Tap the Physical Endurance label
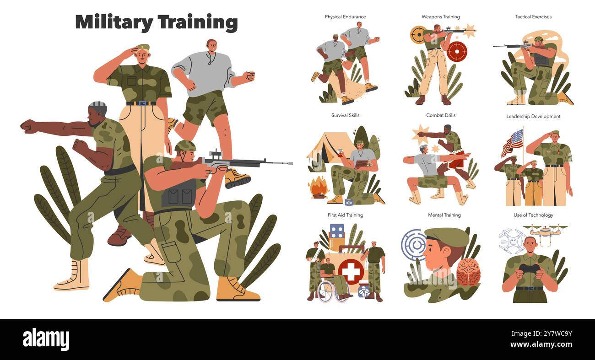(345, 17)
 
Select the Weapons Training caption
(440, 17)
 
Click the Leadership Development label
(533, 116)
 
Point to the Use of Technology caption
(533, 215)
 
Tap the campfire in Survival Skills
(318, 188)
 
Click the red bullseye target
(456, 51)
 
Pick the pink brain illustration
(468, 271)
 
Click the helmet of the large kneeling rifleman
(185, 146)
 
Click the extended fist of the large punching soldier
(28, 125)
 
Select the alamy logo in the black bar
(46, 339)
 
